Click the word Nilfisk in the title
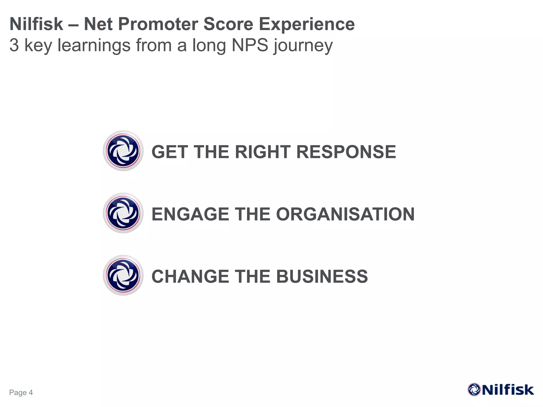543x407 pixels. (x=36, y=24)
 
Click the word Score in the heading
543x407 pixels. (x=228, y=24)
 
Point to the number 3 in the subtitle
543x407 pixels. (x=14, y=45)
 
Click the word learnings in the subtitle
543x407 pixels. (x=94, y=45)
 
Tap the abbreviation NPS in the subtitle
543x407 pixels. (x=250, y=45)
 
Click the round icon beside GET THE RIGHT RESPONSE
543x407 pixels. (x=123, y=151)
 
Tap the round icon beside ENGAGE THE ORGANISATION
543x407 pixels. (x=123, y=213)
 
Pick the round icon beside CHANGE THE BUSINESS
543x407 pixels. (x=123, y=275)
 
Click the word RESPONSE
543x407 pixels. (x=346, y=152)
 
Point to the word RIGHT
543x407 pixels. (x=263, y=152)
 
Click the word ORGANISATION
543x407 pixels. (x=345, y=214)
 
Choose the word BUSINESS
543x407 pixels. (x=322, y=277)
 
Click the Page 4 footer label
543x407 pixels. (x=21, y=392)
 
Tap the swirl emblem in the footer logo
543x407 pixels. (x=474, y=390)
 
